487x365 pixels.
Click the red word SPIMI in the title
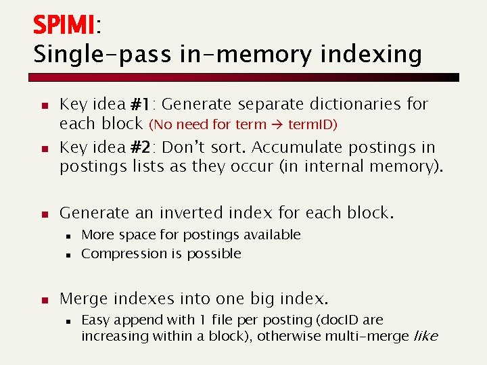(x=64, y=25)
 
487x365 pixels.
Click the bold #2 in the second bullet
(x=141, y=147)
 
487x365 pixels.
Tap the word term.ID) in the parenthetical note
(x=313, y=125)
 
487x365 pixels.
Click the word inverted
(x=189, y=213)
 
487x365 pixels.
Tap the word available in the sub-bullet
(x=274, y=235)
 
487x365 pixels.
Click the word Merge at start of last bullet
(x=84, y=299)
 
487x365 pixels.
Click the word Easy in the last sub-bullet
(x=95, y=320)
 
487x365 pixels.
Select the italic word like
(x=425, y=336)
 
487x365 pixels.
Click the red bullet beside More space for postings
(x=68, y=236)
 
